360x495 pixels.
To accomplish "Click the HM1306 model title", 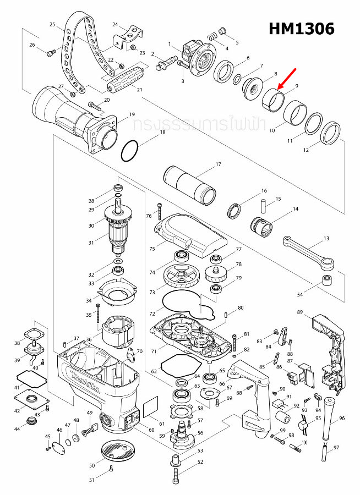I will pyautogui.click(x=301, y=29).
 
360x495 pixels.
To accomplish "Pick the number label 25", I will pyautogui.click(x=53, y=25).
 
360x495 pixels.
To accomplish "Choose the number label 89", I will pyautogui.click(x=300, y=312).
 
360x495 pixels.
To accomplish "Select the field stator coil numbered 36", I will pyautogui.click(x=119, y=330).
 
